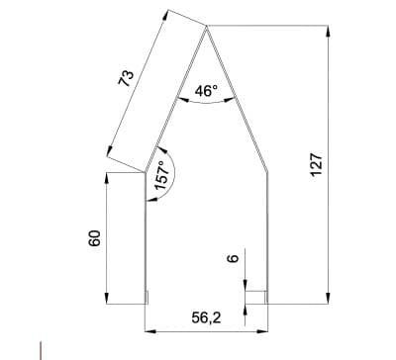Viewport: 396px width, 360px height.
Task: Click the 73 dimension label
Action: (x=127, y=78)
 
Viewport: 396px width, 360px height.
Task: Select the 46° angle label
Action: (x=206, y=91)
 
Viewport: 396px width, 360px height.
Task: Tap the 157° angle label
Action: (x=161, y=175)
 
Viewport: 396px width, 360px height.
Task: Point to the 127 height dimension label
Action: (x=316, y=164)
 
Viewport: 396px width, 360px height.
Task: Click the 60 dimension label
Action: (x=94, y=238)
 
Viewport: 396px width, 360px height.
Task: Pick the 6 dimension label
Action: (x=233, y=258)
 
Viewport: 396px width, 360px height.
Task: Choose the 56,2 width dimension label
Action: (x=206, y=317)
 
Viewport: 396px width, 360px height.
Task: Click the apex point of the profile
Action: (x=207, y=27)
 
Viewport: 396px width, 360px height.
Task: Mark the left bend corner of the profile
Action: (x=145, y=172)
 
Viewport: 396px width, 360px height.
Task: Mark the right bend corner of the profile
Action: (x=267, y=172)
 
